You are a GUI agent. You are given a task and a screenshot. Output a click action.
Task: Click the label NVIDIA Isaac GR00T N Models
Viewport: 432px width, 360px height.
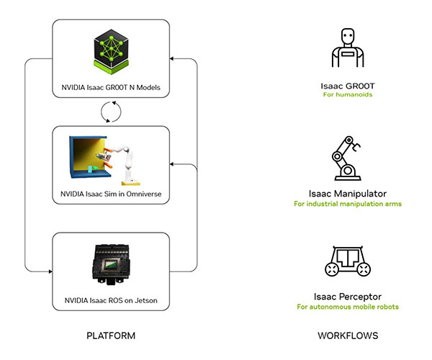110,89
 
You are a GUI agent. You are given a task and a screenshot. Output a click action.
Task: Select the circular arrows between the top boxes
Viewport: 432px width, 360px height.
110,112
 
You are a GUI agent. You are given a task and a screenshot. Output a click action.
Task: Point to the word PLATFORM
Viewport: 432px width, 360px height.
110,336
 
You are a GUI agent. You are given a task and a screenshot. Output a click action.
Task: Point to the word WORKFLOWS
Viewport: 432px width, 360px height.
348,336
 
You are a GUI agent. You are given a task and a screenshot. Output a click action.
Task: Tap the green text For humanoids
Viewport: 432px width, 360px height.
347,95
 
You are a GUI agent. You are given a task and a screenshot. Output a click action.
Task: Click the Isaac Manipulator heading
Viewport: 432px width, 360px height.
347,193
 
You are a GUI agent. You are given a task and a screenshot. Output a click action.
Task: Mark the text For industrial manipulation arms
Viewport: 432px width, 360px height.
347,203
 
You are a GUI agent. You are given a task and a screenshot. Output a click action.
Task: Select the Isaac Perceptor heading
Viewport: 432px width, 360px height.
347,296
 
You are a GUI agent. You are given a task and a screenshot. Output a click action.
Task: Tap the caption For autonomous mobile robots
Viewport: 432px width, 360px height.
347,307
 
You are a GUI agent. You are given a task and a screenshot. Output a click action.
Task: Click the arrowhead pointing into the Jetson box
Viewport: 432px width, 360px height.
50,271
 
